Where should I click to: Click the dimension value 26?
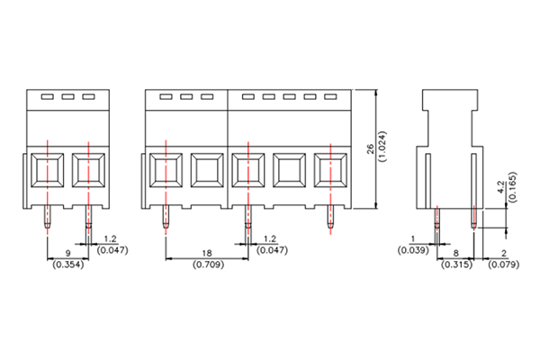[x=371, y=149]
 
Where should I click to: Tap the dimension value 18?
[x=206, y=255]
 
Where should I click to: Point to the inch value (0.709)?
[x=206, y=266]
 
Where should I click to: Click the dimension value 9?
[x=67, y=255]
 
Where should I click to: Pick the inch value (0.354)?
[x=67, y=266]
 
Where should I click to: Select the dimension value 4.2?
[x=500, y=188]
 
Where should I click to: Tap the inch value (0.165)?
[x=512, y=188]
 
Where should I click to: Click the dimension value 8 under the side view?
[x=456, y=255]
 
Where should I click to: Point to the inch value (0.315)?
[x=456, y=265]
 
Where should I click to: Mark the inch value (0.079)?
[x=503, y=265]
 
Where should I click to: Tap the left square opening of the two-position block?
[x=47, y=168]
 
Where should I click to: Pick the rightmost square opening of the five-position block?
[x=329, y=168]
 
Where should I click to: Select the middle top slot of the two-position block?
[x=67, y=96]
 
